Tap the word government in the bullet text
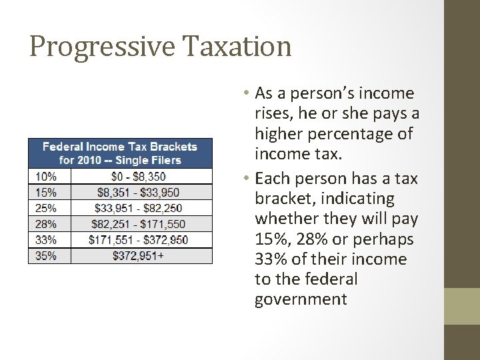click(x=301, y=299)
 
